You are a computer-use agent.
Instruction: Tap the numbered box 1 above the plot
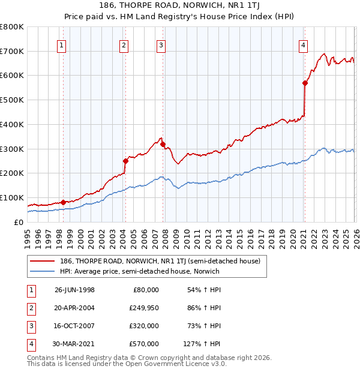[x=62, y=44]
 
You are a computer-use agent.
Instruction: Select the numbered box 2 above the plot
[x=124, y=44]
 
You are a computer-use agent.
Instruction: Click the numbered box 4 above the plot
[x=304, y=44]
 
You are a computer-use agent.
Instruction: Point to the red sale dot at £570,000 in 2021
[x=305, y=83]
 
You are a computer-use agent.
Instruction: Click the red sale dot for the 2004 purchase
[x=125, y=161]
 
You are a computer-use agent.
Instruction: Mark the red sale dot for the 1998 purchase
[x=63, y=202]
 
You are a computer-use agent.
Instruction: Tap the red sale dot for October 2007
[x=163, y=144]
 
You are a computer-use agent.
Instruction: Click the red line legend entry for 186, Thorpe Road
[x=160, y=261]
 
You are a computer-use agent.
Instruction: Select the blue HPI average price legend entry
[x=140, y=271]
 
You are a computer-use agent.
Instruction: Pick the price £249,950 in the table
[x=144, y=308]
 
